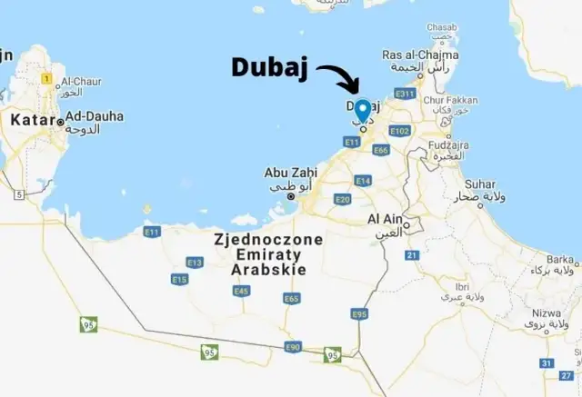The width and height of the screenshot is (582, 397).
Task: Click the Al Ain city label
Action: click(386, 220)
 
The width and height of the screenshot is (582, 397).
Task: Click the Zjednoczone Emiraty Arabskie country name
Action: click(257, 255)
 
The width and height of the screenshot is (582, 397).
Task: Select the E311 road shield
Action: click(405, 94)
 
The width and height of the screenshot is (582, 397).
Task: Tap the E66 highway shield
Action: click(381, 150)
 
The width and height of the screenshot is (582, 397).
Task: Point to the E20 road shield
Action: click(343, 199)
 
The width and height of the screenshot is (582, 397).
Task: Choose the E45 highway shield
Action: click(241, 291)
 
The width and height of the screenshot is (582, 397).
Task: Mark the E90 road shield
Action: click(292, 347)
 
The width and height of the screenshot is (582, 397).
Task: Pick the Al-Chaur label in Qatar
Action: click(84, 81)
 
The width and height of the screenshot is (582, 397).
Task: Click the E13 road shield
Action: click(194, 263)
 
